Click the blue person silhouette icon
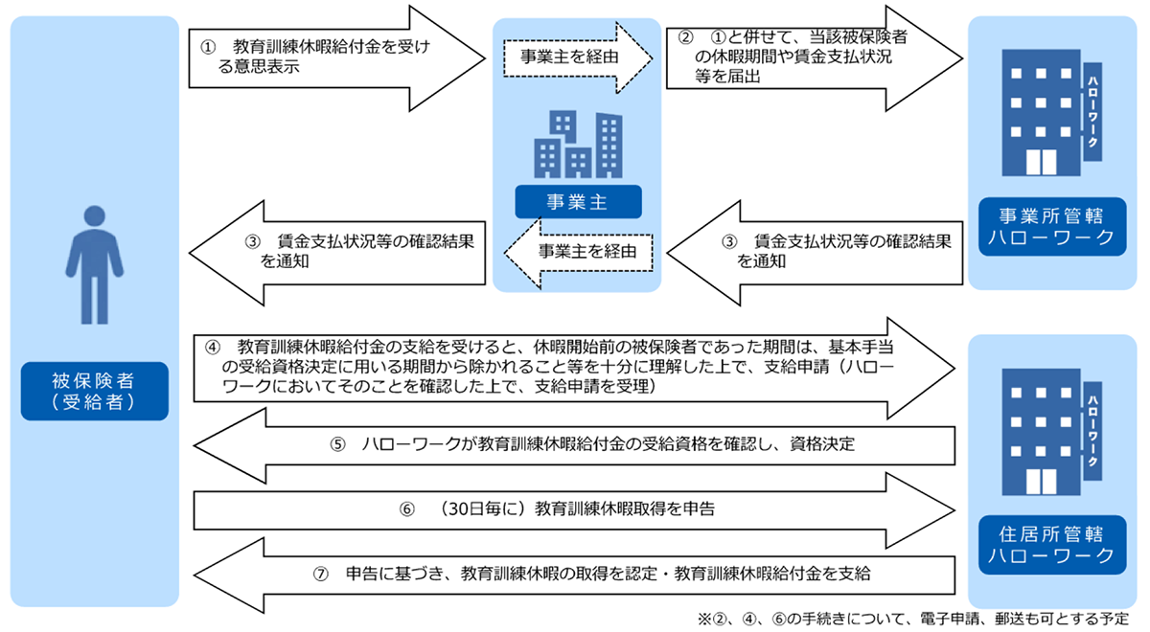(95, 264)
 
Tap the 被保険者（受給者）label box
(95, 392)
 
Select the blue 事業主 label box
(578, 202)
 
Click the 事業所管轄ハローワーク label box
(1052, 227)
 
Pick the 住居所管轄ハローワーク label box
(1052, 545)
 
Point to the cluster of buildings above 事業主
(578, 145)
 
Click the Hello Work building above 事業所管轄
(1051, 112)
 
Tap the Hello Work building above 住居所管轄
(1051, 432)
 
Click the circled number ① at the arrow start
(208, 47)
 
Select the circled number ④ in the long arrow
(213, 348)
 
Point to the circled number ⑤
(337, 444)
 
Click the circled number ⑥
(406, 509)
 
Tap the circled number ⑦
(320, 574)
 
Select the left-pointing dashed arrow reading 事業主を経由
(578, 253)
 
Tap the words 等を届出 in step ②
(727, 77)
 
